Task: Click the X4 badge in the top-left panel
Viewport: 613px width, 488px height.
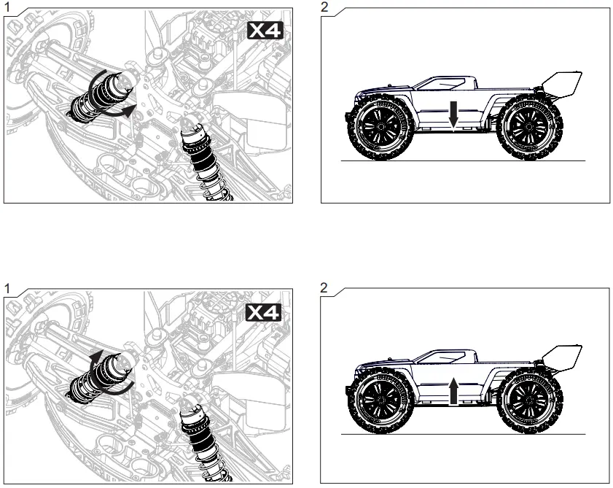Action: tap(265, 31)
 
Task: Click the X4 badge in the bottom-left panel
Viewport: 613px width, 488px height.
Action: tap(265, 312)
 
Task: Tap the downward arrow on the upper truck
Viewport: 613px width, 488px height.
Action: tap(453, 115)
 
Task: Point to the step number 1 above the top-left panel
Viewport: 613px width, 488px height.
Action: tap(6, 7)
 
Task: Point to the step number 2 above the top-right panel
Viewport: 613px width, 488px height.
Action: tap(324, 7)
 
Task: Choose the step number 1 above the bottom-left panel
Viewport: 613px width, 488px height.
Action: tap(6, 288)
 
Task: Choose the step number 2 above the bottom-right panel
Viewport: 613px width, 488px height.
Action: tap(324, 288)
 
